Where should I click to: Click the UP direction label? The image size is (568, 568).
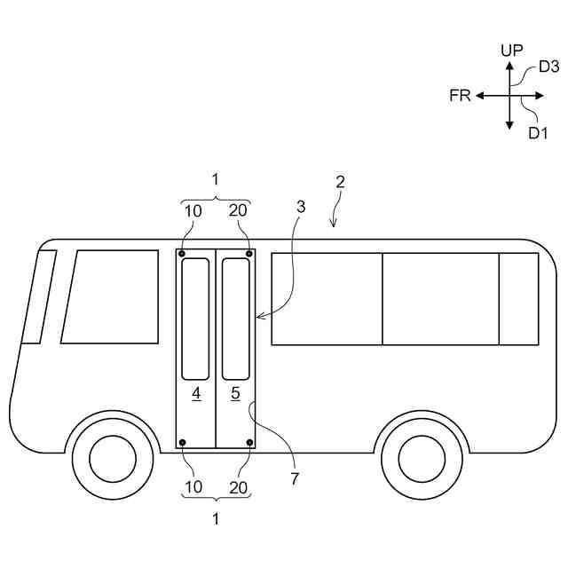[512, 51]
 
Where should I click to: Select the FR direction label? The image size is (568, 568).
[460, 95]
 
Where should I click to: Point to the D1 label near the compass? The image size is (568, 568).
[539, 133]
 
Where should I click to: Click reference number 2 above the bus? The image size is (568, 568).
[340, 182]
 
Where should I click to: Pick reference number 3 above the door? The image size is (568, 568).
[301, 207]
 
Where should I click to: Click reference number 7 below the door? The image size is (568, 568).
[294, 479]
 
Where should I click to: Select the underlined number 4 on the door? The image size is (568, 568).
[195, 392]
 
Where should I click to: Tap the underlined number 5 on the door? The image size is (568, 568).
[235, 392]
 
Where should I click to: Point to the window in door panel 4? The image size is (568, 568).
[195, 319]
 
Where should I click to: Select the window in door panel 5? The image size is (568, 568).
[235, 319]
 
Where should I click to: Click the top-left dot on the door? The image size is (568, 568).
[182, 254]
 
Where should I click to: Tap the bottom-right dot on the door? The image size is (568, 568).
[249, 442]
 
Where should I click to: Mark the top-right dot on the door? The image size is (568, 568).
[249, 254]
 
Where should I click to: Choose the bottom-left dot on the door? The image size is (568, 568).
[182, 442]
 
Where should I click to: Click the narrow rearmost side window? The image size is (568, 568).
[518, 298]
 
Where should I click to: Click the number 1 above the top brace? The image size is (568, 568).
[215, 179]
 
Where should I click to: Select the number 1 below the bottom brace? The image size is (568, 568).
[215, 520]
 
